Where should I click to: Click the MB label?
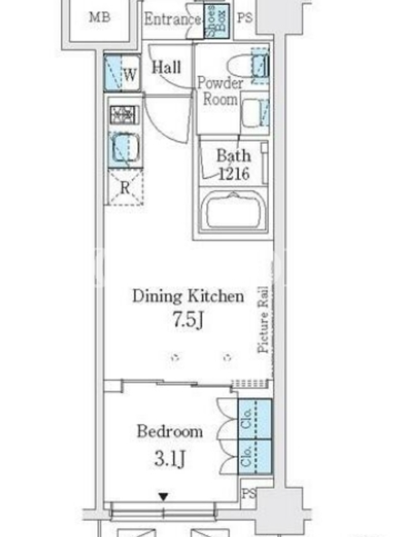99,17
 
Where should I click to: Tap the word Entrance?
173,19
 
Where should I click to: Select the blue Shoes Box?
216,21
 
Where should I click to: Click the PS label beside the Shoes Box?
244,18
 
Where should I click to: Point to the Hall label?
167,67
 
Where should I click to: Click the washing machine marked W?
122,72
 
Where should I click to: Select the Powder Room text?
220,91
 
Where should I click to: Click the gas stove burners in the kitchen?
124,115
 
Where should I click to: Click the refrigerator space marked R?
125,187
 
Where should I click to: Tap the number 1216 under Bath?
234,174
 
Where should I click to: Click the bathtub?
233,210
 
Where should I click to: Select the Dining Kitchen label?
188,296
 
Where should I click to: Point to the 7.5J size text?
188,320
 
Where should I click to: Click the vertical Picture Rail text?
263,320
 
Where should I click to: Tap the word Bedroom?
170,431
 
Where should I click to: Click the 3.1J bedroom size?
170,458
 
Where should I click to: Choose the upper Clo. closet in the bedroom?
255,419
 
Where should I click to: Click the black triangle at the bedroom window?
163,496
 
